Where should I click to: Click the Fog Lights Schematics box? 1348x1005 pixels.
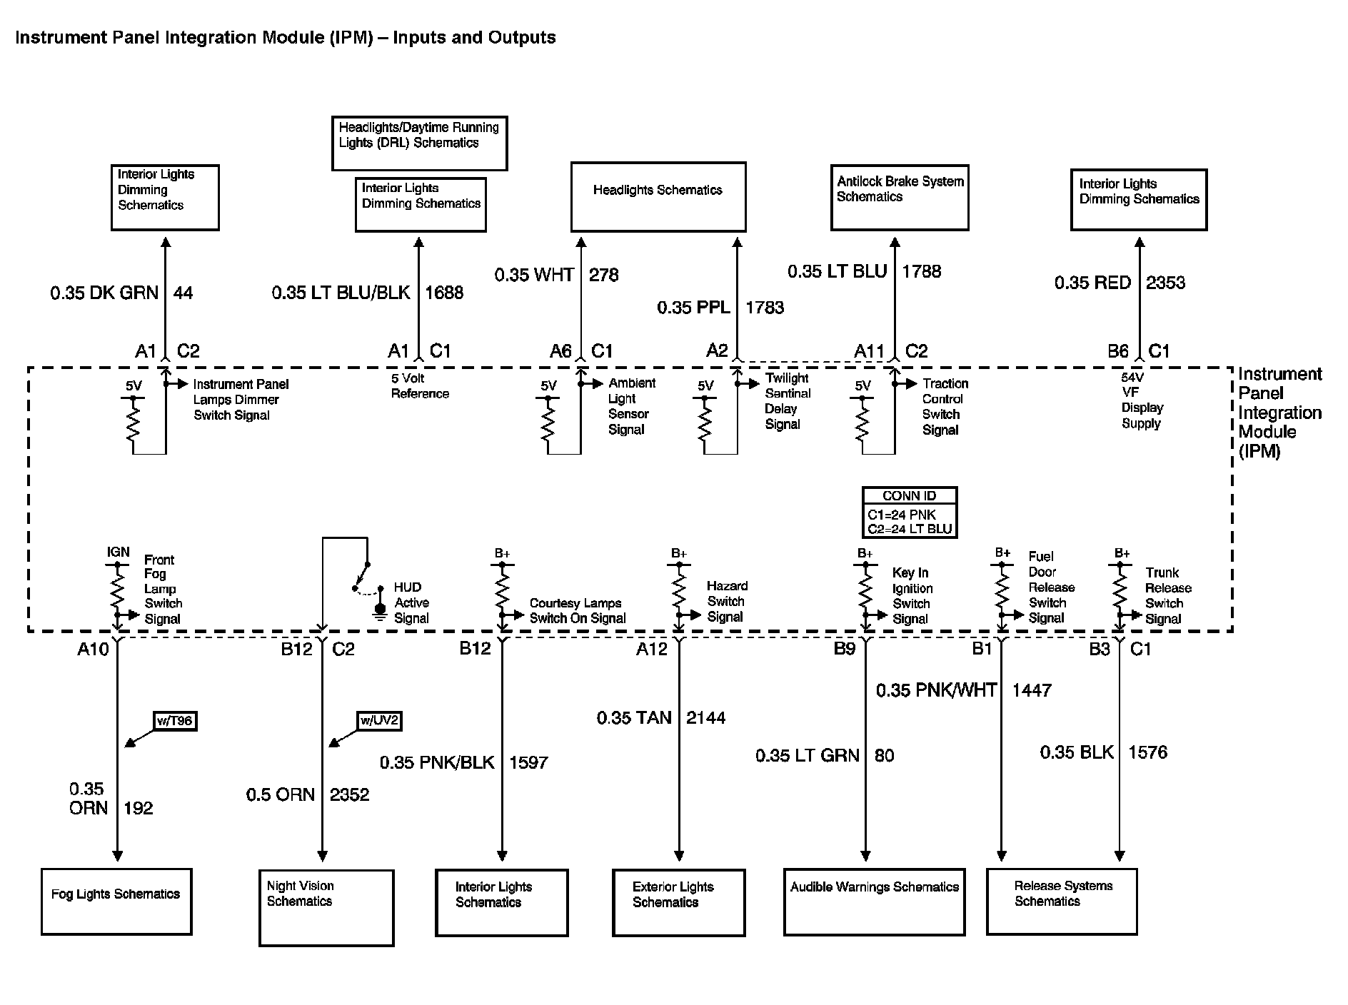pyautogui.click(x=116, y=901)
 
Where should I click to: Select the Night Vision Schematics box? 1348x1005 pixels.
pyautogui.click(x=326, y=907)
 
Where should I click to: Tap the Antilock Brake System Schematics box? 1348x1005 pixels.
pyautogui.click(x=900, y=198)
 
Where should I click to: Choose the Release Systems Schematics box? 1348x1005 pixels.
pyautogui.click(x=1062, y=901)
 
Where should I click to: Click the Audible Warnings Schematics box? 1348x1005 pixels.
pyautogui.click(x=874, y=902)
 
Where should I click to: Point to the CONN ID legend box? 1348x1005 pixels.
pyautogui.click(x=910, y=512)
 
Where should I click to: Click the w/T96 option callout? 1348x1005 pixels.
pyautogui.click(x=175, y=721)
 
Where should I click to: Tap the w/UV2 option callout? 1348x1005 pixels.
pyautogui.click(x=379, y=721)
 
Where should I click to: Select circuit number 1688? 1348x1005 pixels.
pyautogui.click(x=444, y=293)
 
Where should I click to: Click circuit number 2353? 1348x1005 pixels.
pyautogui.click(x=1165, y=283)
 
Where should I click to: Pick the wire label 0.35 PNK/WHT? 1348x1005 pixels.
pyautogui.click(x=936, y=690)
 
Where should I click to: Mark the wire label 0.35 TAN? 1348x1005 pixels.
pyautogui.click(x=634, y=717)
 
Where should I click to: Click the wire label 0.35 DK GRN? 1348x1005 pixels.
pyautogui.click(x=104, y=293)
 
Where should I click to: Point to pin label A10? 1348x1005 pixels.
pyautogui.click(x=94, y=649)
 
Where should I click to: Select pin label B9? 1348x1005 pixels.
pyautogui.click(x=845, y=648)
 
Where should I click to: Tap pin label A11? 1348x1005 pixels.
pyautogui.click(x=869, y=351)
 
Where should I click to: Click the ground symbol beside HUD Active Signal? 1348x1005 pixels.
pyautogui.click(x=380, y=612)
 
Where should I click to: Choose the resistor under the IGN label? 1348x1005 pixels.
pyautogui.click(x=117, y=590)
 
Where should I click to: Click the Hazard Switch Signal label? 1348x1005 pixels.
pyautogui.click(x=727, y=601)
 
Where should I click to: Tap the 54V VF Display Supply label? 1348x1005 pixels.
pyautogui.click(x=1142, y=400)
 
